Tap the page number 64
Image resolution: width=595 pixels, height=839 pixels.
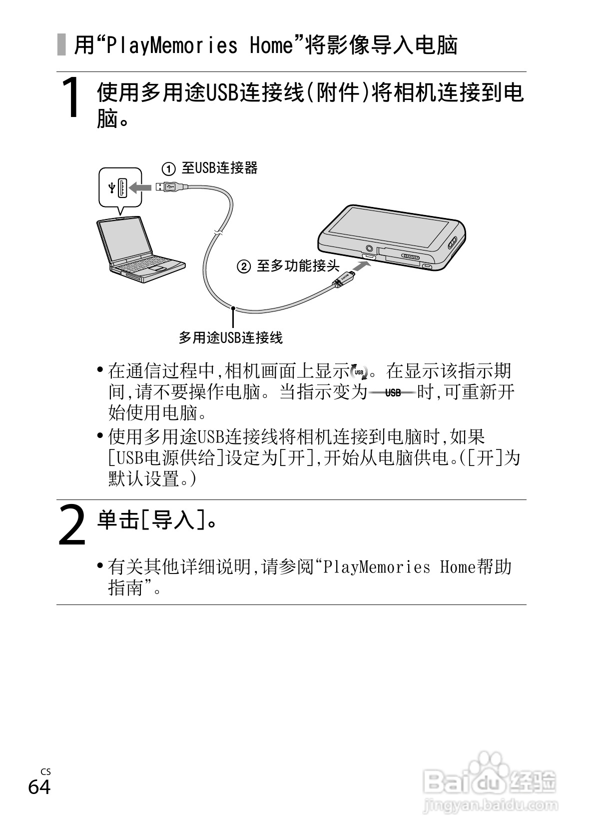[x=39, y=787]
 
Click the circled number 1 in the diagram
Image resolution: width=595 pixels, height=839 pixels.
[x=169, y=169]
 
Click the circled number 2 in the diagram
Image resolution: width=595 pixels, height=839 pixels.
[x=243, y=266]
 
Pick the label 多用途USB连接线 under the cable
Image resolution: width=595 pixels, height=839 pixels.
[x=231, y=338]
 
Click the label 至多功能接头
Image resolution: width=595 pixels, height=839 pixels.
[x=298, y=266]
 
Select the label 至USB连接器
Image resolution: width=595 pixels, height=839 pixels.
[x=220, y=168]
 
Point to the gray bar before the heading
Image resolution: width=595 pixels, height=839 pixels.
[x=61, y=44]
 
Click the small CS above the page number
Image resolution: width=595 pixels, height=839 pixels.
[x=45, y=772]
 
